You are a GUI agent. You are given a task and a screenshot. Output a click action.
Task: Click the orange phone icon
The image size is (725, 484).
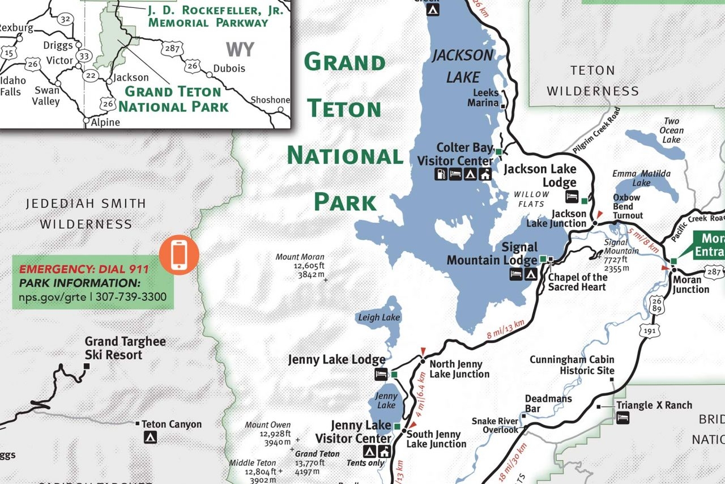tap(179, 253)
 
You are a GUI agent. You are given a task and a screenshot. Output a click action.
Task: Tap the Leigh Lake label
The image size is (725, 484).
tap(379, 317)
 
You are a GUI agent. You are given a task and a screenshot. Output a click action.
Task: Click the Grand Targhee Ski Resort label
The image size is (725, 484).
tap(125, 348)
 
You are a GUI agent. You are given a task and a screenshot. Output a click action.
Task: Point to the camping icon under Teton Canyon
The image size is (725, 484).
tap(150, 438)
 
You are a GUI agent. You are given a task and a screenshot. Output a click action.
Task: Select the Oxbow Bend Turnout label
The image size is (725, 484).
tap(628, 206)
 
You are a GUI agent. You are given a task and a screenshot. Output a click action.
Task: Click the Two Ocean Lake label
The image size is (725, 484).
tap(672, 130)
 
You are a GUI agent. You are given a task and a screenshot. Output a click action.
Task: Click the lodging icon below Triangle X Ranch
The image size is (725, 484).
tap(623, 418)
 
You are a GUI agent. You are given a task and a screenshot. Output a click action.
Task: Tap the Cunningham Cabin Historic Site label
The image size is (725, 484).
tap(572, 365)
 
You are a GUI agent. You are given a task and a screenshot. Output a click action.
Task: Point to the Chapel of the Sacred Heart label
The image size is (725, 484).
tap(577, 282)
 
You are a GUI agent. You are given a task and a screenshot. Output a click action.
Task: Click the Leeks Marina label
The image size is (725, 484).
tap(483, 97)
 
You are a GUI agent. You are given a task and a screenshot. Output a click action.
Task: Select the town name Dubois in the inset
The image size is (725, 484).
tap(229, 68)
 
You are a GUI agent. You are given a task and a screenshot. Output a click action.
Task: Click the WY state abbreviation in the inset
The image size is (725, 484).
tap(240, 49)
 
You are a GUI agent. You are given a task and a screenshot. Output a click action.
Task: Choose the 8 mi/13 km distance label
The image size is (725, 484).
tap(506, 330)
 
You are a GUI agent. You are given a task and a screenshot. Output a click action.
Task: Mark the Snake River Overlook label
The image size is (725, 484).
tap(495, 425)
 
